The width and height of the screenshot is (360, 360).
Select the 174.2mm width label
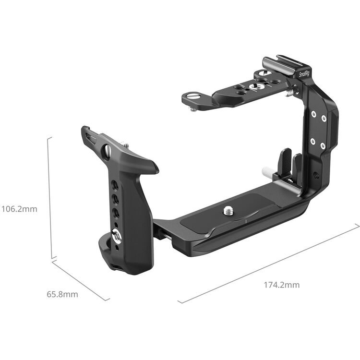(x=281, y=285)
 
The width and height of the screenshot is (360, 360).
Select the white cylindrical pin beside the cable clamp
(x=267, y=171)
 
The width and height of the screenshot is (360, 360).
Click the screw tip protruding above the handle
(x=126, y=144)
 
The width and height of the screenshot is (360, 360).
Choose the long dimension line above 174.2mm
(x=269, y=264)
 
